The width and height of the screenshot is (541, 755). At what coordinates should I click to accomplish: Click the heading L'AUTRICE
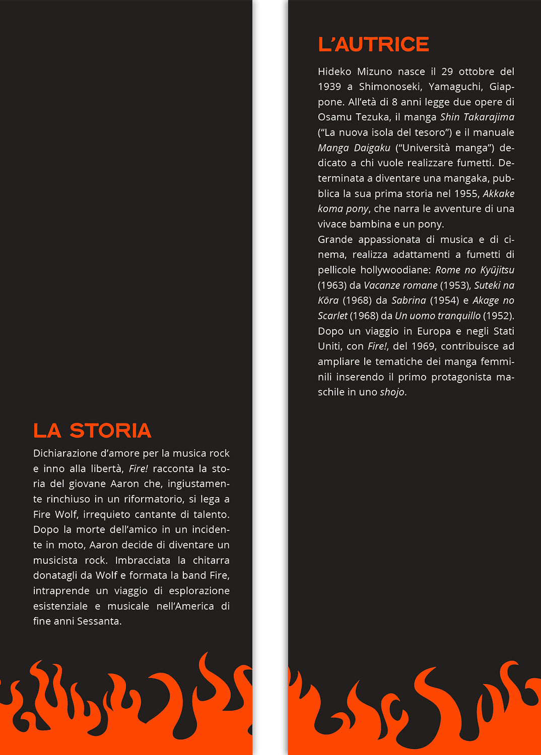(373, 44)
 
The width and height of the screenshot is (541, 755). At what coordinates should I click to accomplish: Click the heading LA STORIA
(92, 431)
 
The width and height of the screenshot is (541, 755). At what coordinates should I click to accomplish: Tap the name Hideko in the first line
(334, 71)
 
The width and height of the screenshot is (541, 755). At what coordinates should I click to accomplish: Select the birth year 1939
(329, 87)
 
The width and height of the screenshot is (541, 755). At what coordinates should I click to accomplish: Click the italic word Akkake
(498, 194)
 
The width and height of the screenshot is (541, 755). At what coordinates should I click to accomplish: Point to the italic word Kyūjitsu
(497, 270)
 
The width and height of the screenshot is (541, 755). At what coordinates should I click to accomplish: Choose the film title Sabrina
(409, 300)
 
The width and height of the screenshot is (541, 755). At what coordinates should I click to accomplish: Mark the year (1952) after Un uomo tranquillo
(498, 316)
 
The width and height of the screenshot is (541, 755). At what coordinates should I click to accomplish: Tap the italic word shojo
(392, 392)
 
